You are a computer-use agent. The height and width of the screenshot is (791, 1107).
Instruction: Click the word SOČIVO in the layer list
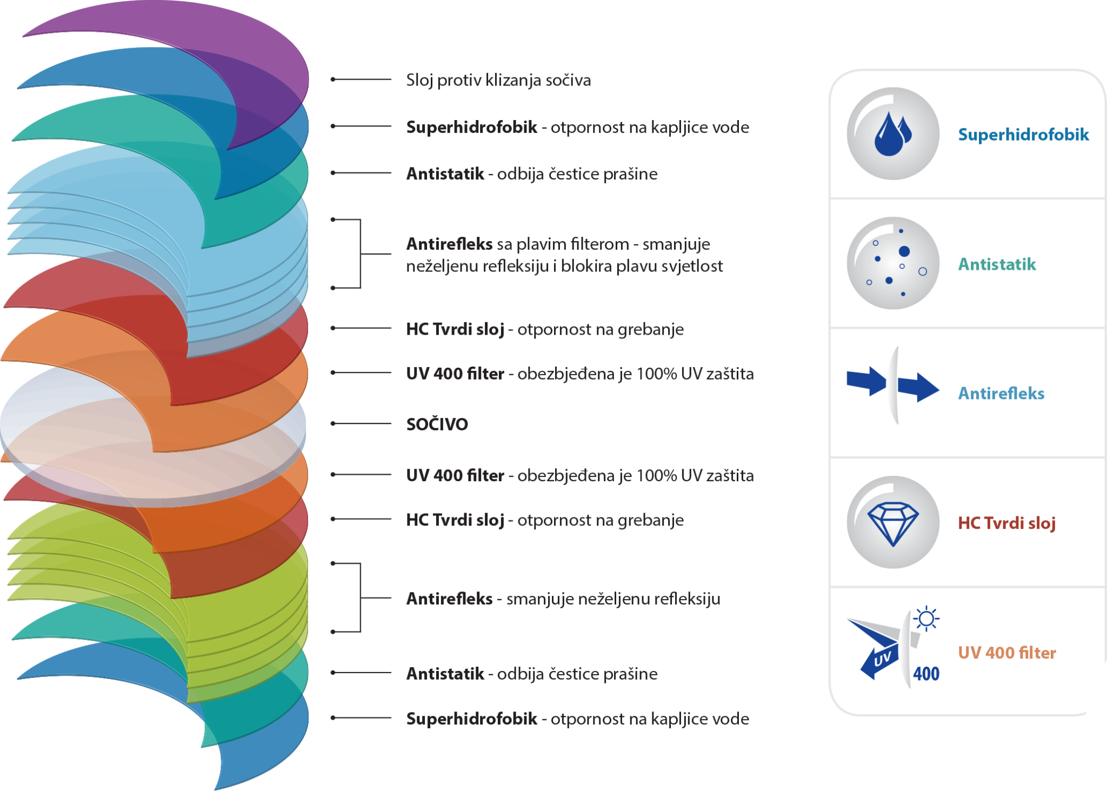437,424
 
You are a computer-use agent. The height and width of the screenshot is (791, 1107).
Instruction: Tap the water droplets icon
893,134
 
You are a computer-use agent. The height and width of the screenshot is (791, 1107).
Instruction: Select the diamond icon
893,522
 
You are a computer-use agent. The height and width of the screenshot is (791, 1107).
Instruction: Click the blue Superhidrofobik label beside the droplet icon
1023,135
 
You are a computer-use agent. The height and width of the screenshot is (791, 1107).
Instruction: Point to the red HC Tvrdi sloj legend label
1006,523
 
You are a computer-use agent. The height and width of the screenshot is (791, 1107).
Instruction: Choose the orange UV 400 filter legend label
1007,653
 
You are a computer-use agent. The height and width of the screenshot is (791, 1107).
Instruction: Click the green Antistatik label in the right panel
997,264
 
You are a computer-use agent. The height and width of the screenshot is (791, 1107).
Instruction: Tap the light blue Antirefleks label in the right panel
1001,394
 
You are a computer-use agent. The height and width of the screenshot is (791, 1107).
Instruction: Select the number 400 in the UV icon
926,674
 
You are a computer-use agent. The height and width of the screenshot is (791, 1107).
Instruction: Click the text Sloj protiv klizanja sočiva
498,80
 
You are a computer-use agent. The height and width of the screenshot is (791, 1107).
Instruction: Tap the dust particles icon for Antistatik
893,263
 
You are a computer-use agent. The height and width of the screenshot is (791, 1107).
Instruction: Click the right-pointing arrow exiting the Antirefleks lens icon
918,388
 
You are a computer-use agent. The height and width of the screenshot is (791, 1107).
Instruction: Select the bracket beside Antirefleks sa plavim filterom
361,254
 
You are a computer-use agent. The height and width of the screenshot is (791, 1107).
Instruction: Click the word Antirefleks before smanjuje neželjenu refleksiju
449,599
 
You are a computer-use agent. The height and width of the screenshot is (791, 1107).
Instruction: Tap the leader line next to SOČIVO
361,423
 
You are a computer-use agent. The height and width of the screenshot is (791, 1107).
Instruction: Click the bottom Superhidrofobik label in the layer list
471,719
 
